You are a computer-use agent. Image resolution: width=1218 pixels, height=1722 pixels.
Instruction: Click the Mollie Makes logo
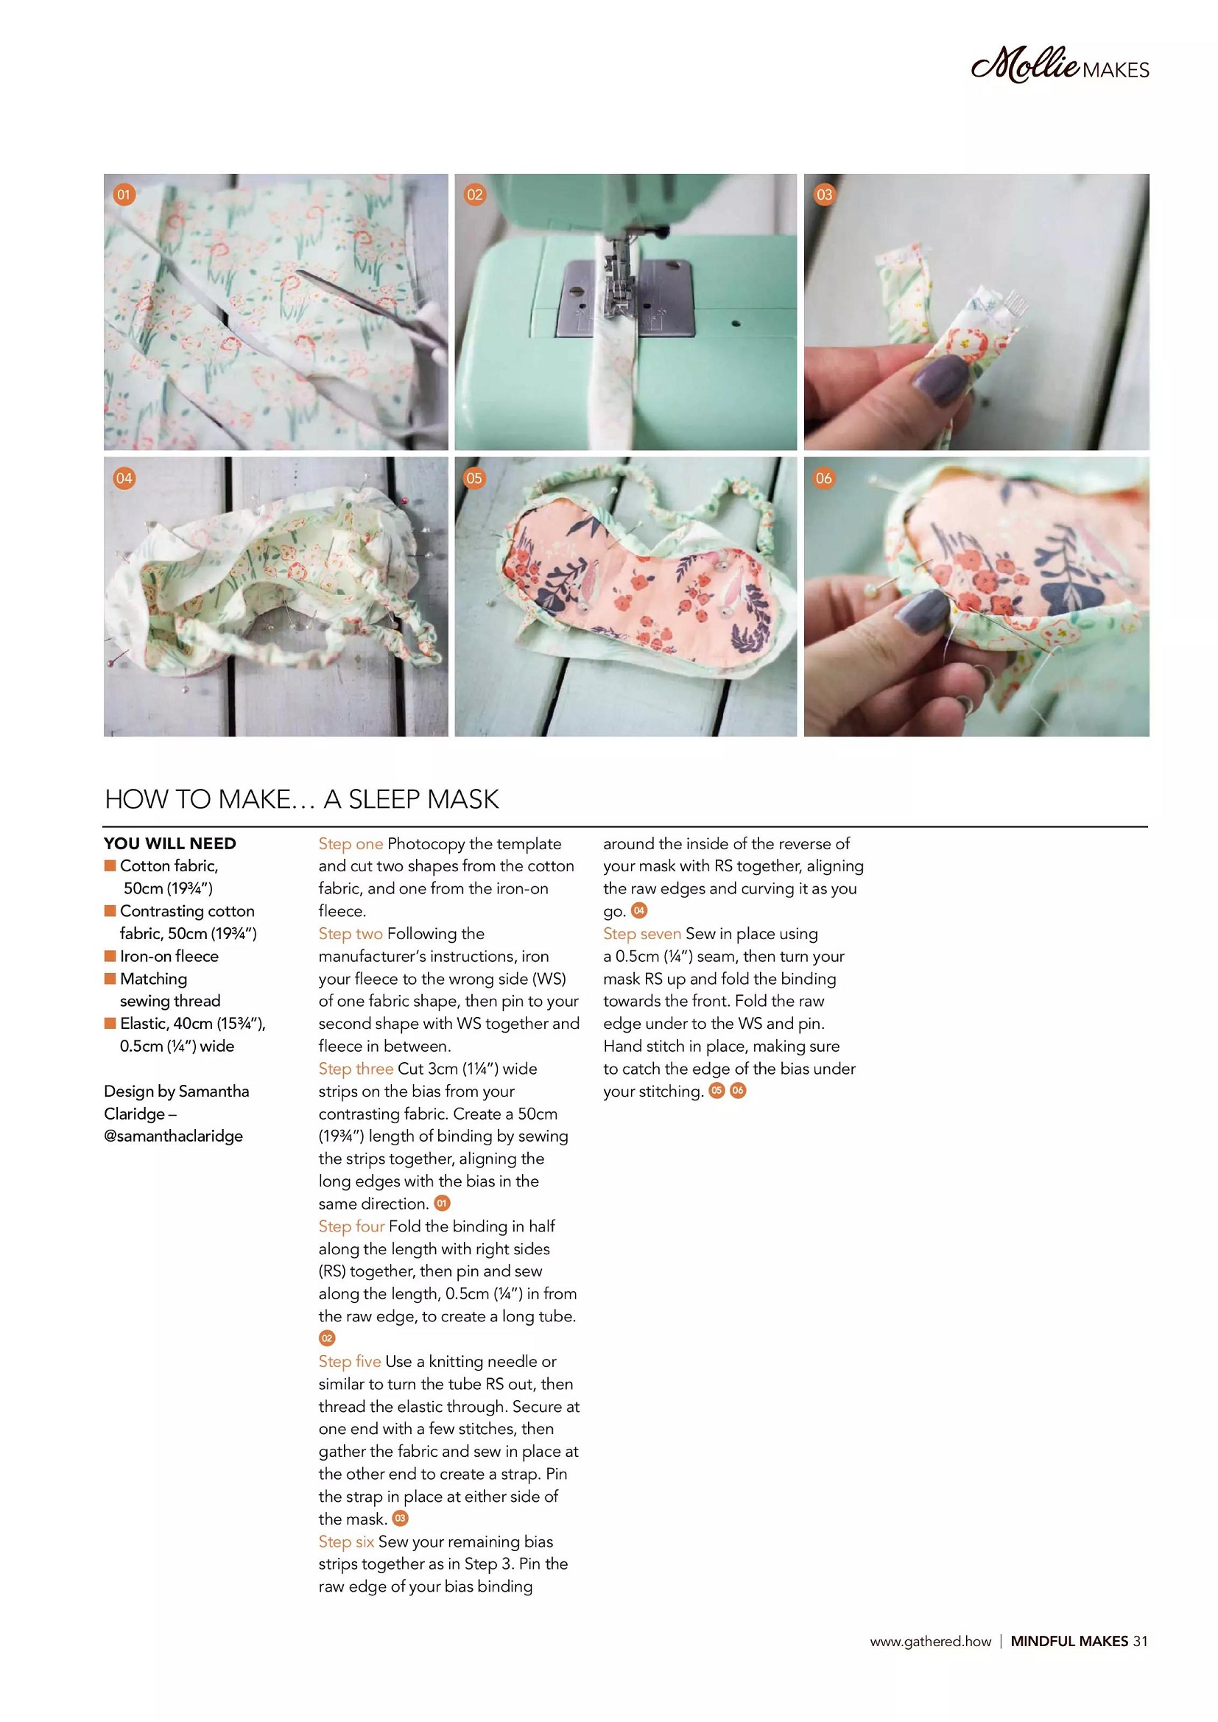(1060, 66)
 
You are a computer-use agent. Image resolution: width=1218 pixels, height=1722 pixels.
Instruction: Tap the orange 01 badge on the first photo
(124, 195)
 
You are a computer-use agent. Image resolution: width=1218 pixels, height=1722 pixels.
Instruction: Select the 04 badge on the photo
(124, 478)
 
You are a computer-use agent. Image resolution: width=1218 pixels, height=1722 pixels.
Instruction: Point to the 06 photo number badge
(823, 478)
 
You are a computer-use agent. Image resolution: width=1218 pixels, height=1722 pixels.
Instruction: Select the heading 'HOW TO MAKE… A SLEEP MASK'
(301, 800)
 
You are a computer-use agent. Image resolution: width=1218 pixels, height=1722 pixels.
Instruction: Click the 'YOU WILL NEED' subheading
(170, 844)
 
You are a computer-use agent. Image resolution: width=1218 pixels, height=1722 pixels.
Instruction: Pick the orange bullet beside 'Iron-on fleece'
(110, 955)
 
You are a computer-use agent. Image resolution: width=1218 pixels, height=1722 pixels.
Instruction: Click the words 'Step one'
(351, 844)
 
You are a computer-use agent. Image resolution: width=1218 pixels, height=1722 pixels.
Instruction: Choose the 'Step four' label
(352, 1226)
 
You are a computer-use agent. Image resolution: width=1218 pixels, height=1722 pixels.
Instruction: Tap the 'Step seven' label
(642, 934)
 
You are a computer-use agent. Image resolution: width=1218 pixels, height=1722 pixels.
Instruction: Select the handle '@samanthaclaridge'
(173, 1136)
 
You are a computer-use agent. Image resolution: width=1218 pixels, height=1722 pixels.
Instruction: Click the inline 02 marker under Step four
(327, 1338)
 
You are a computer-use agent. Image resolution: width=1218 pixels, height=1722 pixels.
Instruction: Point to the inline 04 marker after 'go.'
(639, 910)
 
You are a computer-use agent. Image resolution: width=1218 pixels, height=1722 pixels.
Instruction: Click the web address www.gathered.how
(930, 1642)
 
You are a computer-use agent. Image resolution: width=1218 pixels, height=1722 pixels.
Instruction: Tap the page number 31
(1140, 1641)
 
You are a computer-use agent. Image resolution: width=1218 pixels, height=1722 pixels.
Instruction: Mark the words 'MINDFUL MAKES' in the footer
(1069, 1641)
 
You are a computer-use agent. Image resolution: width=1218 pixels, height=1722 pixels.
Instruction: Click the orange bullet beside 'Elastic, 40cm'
(110, 1023)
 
